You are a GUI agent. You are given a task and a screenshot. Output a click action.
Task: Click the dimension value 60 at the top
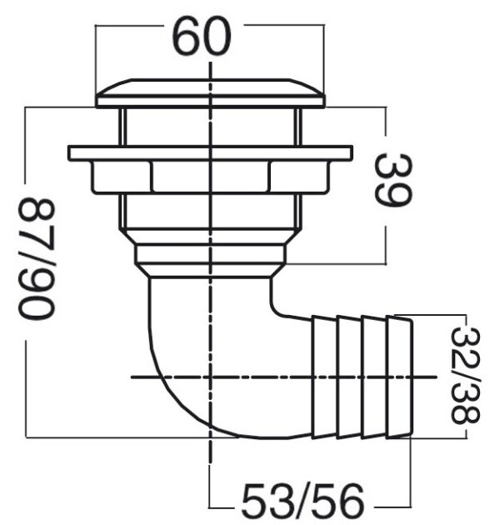click(202, 36)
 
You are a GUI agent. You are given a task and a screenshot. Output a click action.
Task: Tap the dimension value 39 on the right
click(392, 181)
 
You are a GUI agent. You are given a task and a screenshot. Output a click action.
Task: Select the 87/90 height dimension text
click(36, 257)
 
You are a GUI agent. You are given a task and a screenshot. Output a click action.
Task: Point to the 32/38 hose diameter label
click(466, 375)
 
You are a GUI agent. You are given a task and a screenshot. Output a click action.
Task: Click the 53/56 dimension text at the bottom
click(302, 502)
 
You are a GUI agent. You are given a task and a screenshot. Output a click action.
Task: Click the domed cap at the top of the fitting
click(210, 93)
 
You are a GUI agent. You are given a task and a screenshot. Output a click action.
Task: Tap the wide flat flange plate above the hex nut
click(210, 153)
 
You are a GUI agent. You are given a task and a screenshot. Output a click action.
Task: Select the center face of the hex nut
click(210, 177)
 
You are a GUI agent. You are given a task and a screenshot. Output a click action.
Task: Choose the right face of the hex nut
click(299, 177)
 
